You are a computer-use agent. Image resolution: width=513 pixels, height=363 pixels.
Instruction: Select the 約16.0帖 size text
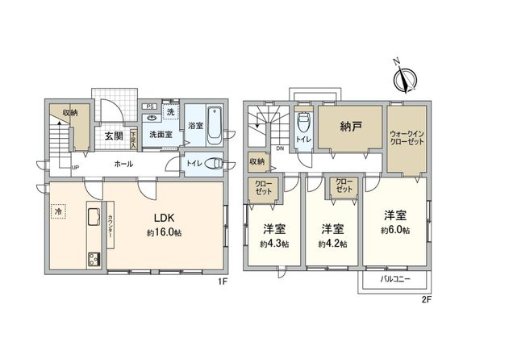coord(165,232)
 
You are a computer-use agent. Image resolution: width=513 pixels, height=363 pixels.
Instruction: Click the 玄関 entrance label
coord(112,136)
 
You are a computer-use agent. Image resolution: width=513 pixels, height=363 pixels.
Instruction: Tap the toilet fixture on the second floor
coord(303,124)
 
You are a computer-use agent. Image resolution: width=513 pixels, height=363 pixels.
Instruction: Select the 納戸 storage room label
coord(349,127)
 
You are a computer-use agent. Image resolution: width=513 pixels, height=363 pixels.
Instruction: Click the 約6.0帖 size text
coord(395,231)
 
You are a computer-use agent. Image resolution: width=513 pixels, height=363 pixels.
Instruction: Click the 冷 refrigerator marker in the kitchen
coord(58,212)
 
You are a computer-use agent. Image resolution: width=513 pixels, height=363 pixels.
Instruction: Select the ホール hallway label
coord(123,164)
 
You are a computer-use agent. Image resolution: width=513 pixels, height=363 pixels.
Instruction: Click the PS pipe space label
coord(150,106)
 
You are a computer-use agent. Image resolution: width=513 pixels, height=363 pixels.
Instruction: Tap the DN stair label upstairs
coord(279,149)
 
